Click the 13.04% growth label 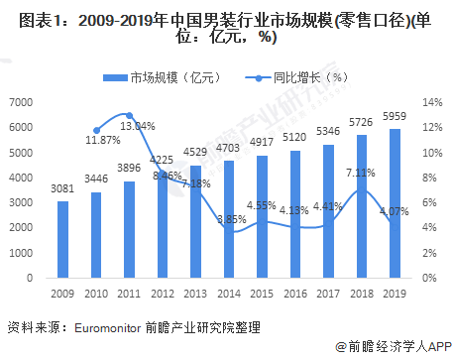tap(135, 126)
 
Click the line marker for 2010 tap(96, 130)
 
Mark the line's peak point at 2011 tap(129, 116)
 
